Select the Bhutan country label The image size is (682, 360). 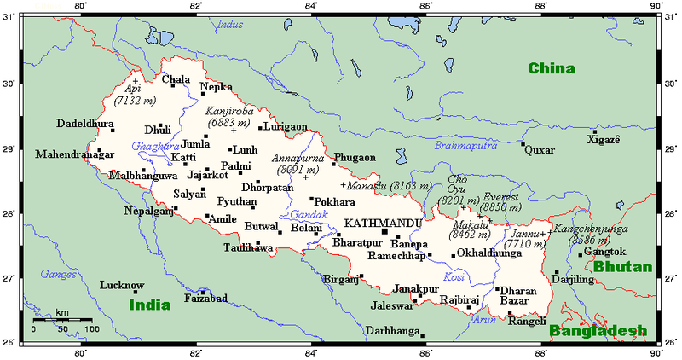[622, 267]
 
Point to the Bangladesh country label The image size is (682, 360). [598, 331]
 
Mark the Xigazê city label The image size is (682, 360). [605, 139]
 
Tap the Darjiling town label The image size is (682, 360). [572, 279]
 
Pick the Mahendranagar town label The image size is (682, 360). [68, 155]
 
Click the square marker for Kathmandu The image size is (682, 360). [384, 230]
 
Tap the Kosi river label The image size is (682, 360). [454, 278]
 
